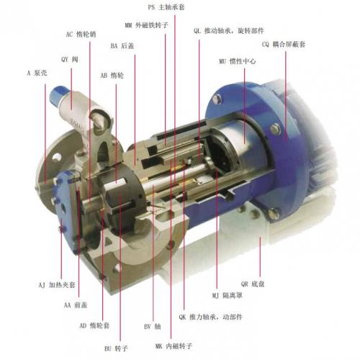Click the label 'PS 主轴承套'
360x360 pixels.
coord(166,7)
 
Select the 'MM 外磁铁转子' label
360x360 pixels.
coord(146,25)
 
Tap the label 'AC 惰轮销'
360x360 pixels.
coord(81,35)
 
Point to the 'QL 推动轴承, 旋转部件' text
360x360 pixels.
coord(229,31)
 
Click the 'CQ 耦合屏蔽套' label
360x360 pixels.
coord(284,45)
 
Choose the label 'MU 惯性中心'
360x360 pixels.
coord(238,61)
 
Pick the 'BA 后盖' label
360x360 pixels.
coord(122,46)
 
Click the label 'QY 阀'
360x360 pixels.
coord(70,59)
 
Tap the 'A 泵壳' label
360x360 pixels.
coord(37,73)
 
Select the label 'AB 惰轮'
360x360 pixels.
coord(112,76)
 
